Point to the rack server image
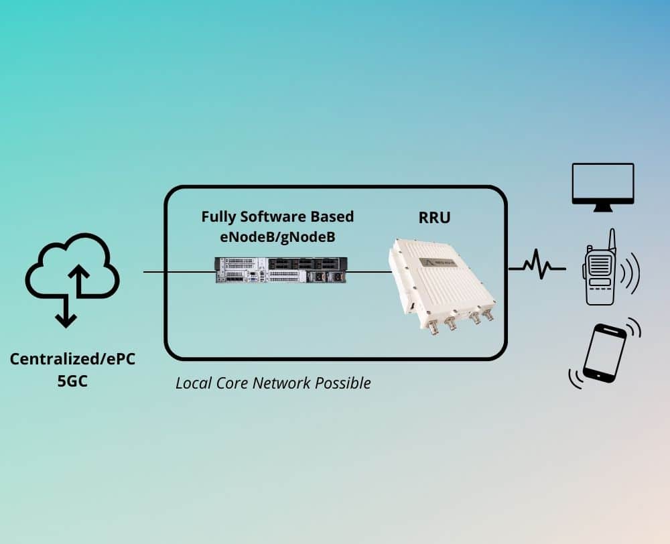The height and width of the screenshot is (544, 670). [x=281, y=269]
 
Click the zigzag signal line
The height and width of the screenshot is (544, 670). [x=537, y=267]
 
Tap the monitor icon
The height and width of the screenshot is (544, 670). [x=602, y=186]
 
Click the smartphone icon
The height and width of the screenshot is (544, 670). [x=604, y=352]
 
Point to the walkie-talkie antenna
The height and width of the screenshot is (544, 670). [x=612, y=239]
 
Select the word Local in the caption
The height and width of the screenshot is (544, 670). [x=192, y=383]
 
